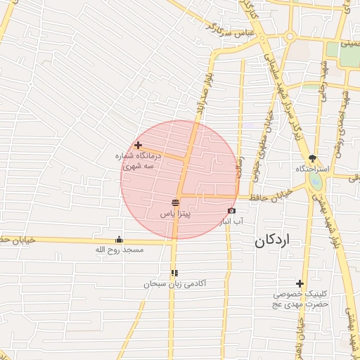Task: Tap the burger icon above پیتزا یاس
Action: (175, 202)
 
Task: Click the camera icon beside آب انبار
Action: (231, 211)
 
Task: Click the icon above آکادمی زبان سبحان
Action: (174, 273)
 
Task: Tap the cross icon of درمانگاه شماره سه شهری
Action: (138, 145)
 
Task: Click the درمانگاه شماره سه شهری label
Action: (139, 161)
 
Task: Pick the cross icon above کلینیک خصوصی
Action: (300, 283)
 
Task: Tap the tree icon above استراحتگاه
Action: (313, 158)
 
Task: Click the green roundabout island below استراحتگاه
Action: (316, 181)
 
